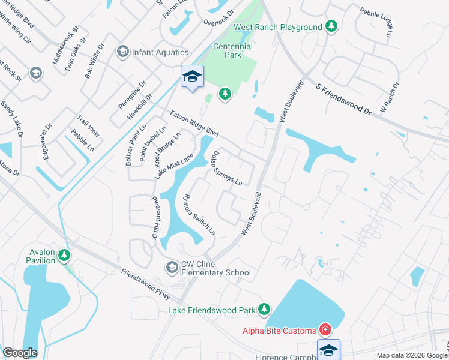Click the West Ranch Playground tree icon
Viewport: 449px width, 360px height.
pyautogui.click(x=331, y=27)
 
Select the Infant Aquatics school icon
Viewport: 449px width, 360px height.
pyautogui.click(x=124, y=52)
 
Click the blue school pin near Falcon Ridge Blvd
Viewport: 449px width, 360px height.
pyautogui.click(x=192, y=77)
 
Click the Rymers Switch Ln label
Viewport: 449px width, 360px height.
pyautogui.click(x=199, y=214)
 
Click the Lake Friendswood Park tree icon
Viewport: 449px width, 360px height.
pyautogui.click(x=263, y=310)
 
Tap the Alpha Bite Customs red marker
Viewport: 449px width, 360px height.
pyautogui.click(x=325, y=330)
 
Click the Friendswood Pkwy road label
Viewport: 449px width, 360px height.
pyautogui.click(x=146, y=285)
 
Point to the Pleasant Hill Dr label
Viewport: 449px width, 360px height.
pyautogui.click(x=154, y=220)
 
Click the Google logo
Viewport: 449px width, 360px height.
pyautogui.click(x=20, y=353)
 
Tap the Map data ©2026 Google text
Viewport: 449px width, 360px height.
pyautogui.click(x=411, y=355)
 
